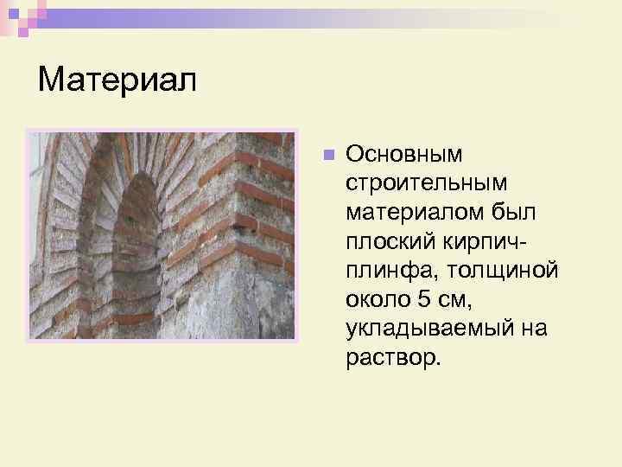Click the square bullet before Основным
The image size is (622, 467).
tap(327, 156)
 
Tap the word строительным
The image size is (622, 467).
tap(428, 183)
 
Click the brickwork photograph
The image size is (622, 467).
tap(162, 235)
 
